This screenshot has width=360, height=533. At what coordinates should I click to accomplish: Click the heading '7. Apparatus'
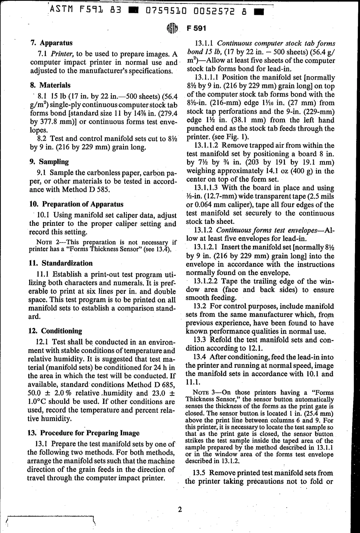click(51, 43)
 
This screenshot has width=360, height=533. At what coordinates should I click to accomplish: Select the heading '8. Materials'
click(50, 85)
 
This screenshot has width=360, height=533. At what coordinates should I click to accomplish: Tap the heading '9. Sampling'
click(49, 162)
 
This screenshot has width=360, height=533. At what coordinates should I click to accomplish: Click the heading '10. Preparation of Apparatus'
click(76, 204)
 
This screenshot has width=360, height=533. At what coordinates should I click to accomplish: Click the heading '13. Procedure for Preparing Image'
click(84, 433)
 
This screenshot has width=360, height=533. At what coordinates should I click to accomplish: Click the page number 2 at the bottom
click(180, 510)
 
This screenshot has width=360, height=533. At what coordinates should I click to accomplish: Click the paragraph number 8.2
click(43, 139)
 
